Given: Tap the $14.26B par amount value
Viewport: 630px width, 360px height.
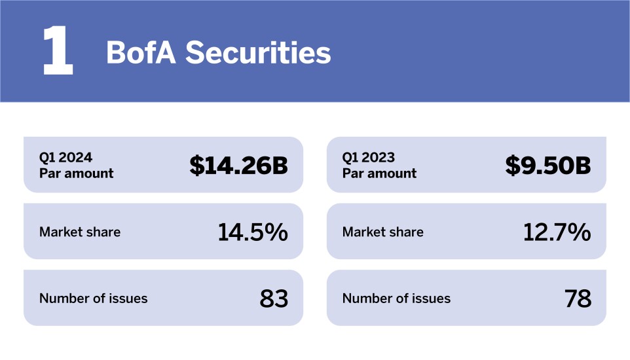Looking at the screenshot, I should coord(238,166).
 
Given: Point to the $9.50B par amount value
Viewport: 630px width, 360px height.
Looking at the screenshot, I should coord(547,166).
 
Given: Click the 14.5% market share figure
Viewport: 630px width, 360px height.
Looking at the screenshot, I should coord(252,232).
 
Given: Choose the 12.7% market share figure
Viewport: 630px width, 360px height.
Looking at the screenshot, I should coord(557,232).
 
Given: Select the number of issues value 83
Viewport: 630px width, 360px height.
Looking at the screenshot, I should coord(274,298).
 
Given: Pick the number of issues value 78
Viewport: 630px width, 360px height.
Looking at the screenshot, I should coord(578,298).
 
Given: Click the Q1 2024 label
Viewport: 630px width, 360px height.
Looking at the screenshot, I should coord(65,158).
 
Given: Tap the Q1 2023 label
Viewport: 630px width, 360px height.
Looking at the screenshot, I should coord(369,158).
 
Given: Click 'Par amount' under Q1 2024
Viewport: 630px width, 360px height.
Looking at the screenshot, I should coord(76,173).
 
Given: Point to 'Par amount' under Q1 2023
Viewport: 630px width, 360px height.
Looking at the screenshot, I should coord(379,173).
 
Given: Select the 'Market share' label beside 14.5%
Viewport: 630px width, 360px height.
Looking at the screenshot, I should coord(80,232).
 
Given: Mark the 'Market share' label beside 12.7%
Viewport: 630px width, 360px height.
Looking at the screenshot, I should coord(383,232).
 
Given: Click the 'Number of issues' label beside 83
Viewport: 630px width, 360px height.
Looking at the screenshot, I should coord(94,298).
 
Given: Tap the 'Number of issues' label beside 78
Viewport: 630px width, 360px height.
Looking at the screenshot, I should coord(397,298).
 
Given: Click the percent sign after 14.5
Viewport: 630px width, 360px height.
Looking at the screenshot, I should coord(277,232).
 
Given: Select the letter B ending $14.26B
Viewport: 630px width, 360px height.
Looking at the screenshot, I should coord(280,166).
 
